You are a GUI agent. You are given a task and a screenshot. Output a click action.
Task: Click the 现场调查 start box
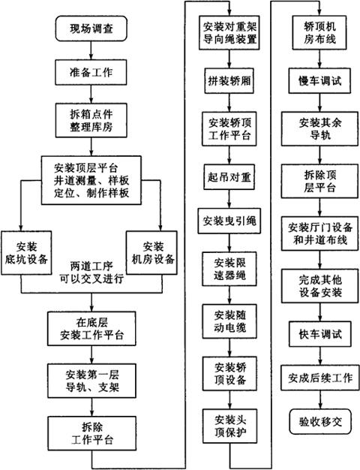point(91,29)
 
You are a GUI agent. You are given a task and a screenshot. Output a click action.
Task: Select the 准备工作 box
point(91,72)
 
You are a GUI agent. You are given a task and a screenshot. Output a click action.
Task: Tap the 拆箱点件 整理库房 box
point(91,120)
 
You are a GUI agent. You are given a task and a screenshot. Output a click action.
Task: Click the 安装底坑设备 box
point(26,253)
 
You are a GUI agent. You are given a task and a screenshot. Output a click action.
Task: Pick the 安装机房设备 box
point(151,252)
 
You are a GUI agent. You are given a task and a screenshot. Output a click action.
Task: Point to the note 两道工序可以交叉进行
point(91,273)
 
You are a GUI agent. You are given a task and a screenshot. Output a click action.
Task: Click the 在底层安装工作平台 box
point(91,329)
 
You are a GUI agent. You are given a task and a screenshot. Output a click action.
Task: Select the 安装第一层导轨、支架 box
point(92,381)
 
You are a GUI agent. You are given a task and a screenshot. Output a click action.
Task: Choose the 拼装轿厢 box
point(229,81)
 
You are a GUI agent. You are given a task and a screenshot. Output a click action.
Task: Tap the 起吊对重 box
point(229,177)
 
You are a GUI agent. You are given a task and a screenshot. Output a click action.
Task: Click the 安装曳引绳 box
point(229,221)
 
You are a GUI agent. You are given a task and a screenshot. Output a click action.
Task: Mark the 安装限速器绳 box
point(229,269)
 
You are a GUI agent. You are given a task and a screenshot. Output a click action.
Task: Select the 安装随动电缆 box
point(229,321)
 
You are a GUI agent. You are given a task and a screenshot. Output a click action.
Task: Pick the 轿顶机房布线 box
point(319,33)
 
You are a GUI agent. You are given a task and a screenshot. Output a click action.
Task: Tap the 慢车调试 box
point(319,81)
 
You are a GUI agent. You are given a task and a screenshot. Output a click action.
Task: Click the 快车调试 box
point(319,334)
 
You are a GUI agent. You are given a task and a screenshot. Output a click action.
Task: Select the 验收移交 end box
point(320,422)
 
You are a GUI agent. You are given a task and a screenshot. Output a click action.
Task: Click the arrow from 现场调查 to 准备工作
point(91,50)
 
